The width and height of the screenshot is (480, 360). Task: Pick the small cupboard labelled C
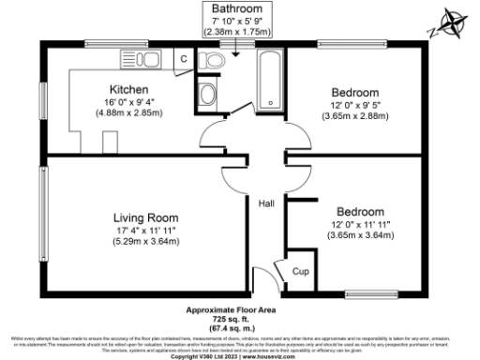pyautogui.click(x=185, y=57)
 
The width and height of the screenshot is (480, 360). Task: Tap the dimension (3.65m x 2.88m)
pyautogui.click(x=355, y=117)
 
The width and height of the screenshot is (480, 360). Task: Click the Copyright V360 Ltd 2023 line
pyautogui.click(x=240, y=355)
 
